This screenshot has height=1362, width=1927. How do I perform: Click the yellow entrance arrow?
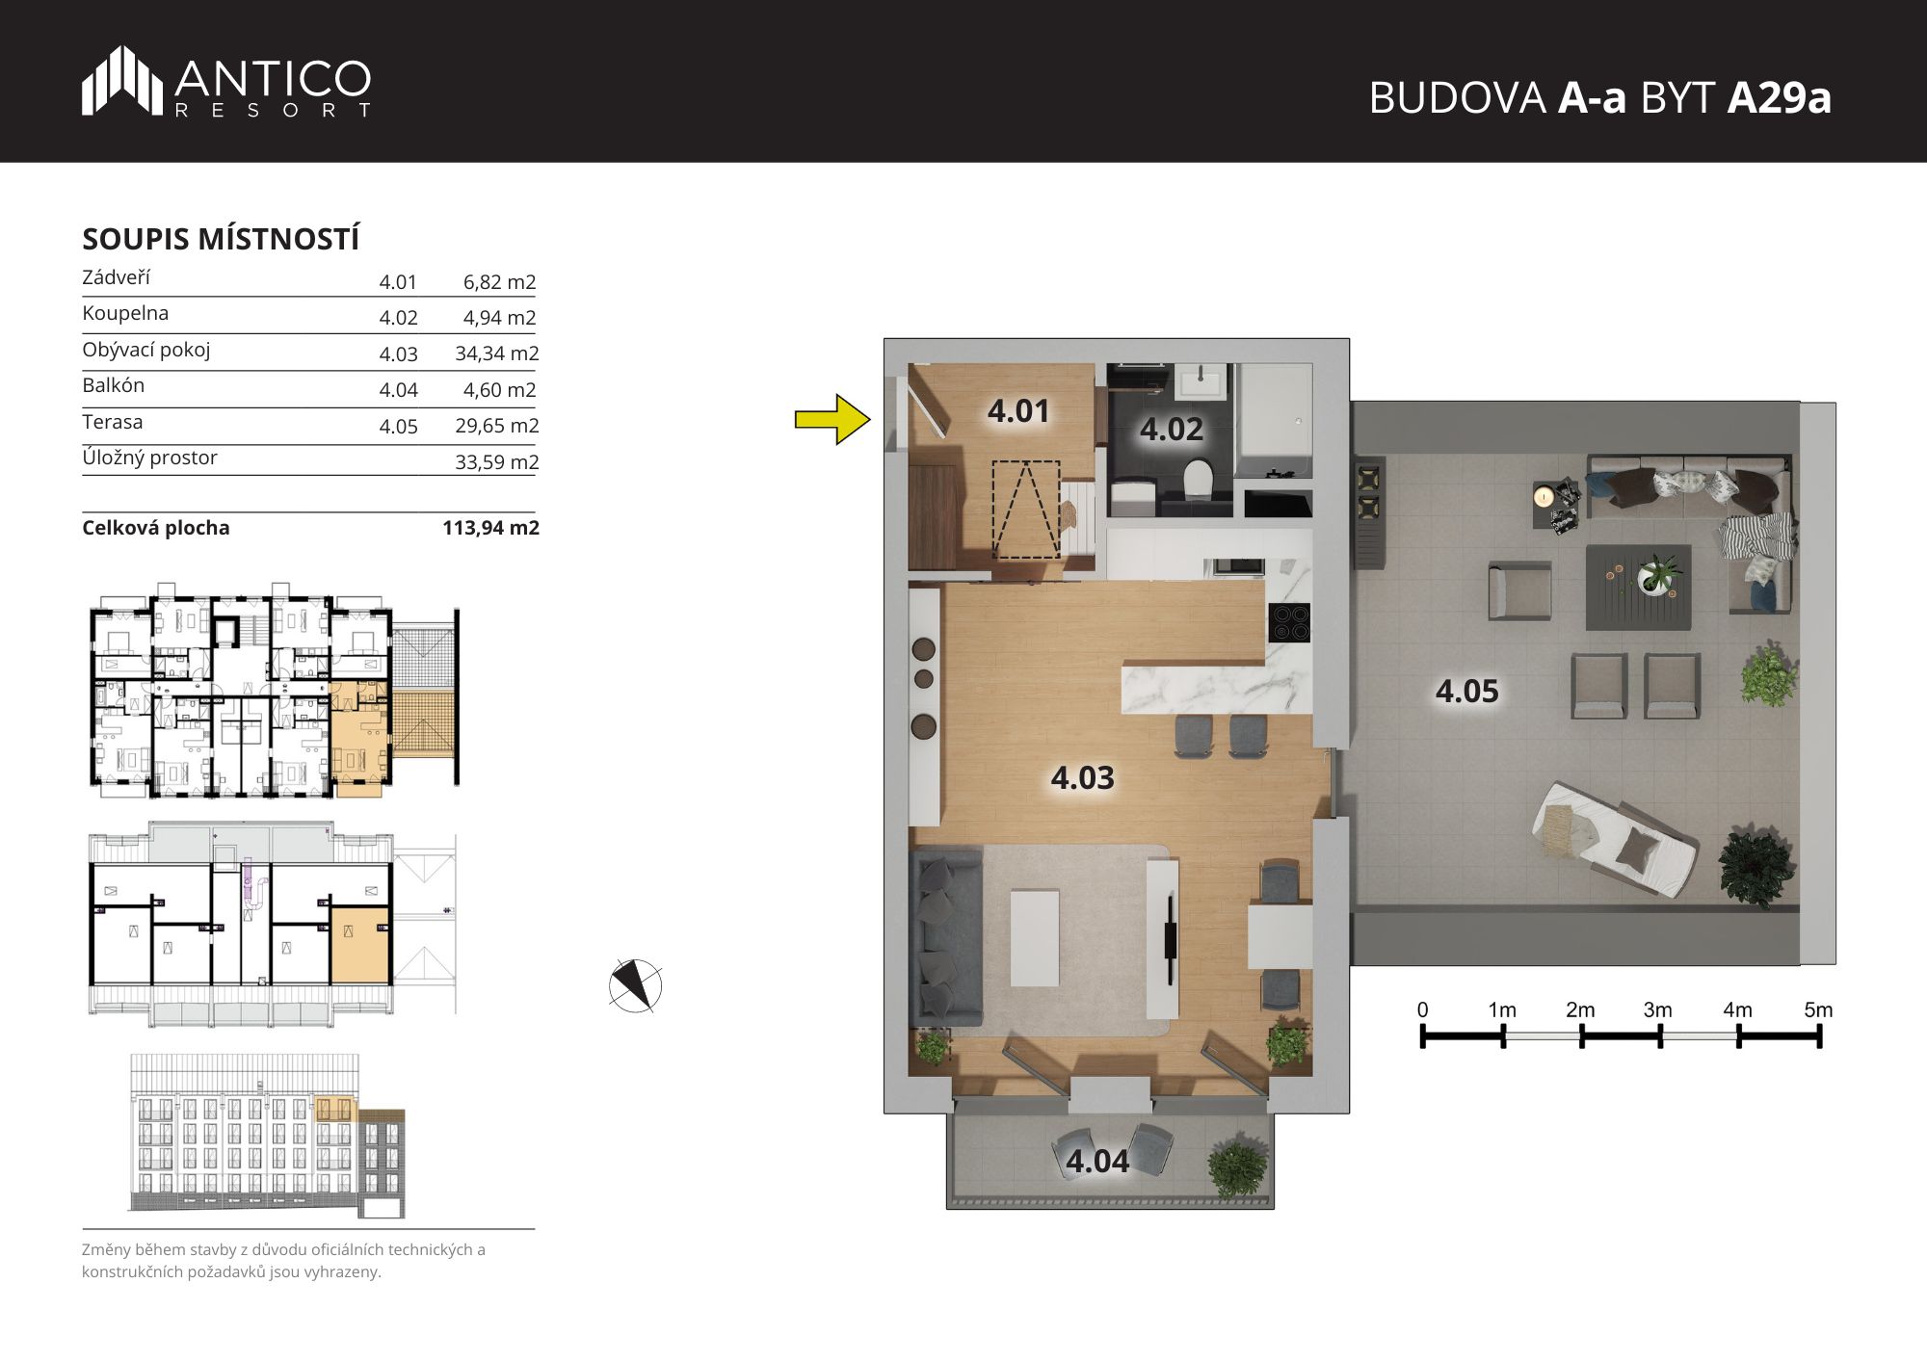pos(832,419)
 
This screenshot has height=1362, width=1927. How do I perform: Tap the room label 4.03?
pos(1082,777)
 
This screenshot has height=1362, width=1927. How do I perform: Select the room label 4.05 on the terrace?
pos(1466,691)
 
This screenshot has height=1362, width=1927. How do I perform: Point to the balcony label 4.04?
pos(1097,1161)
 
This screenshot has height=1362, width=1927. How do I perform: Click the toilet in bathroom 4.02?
pos(1198,479)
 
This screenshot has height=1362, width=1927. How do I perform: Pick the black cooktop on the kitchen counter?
pos(1289,621)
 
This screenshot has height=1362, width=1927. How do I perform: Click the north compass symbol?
pos(635,985)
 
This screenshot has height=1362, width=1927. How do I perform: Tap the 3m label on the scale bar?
pos(1657,1009)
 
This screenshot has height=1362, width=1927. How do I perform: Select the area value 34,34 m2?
pos(496,354)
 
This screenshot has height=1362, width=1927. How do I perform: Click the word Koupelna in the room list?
pos(125,313)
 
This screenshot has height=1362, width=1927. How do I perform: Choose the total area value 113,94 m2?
pos(490,528)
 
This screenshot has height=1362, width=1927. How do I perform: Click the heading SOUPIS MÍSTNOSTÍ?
pos(221,239)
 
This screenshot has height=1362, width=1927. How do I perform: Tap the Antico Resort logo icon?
pos(121,80)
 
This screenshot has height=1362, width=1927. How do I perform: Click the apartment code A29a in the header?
pos(1779,97)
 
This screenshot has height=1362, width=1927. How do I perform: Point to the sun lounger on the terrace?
pos(1615,838)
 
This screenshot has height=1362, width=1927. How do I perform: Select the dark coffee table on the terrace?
pos(1638,587)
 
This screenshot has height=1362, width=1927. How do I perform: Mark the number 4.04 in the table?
pos(398,390)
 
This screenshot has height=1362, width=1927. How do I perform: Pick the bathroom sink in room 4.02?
pos(1200,380)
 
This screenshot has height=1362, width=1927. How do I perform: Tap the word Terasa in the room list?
pos(112,422)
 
